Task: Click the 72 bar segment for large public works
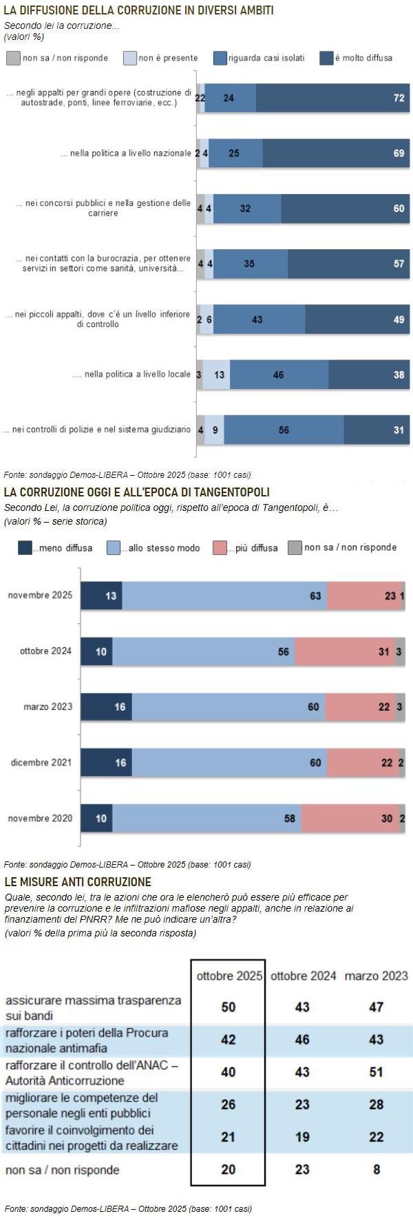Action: (x=332, y=98)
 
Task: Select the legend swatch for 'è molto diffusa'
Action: (x=326, y=59)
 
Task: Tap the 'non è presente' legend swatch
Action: (x=130, y=59)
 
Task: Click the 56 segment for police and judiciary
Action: (x=284, y=430)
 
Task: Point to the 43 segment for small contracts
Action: (x=260, y=319)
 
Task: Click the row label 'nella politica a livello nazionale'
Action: (x=130, y=153)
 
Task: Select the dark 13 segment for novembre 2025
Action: (x=101, y=596)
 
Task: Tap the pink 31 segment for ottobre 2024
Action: (x=345, y=651)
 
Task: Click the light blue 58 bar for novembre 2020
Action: (x=206, y=818)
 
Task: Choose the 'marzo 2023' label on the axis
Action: (x=47, y=706)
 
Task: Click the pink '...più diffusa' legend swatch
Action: (x=220, y=548)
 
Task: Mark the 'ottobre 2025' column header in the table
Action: (x=229, y=976)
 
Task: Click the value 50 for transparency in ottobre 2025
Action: (x=229, y=1007)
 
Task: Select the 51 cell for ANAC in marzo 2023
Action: (x=376, y=1071)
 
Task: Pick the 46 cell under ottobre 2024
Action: (x=302, y=1039)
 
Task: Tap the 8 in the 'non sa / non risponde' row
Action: (x=377, y=1169)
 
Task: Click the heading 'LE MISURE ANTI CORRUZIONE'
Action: (x=78, y=881)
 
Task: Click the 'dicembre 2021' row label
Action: (x=41, y=762)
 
